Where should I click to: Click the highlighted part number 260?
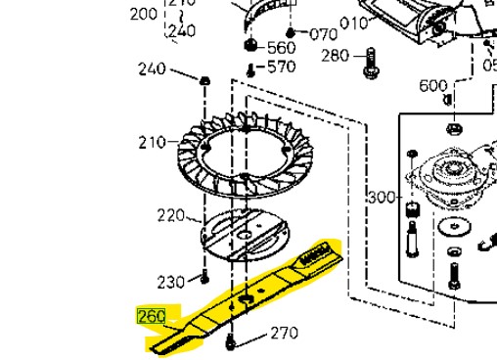pos(152,317)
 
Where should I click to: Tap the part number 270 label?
pos(284,334)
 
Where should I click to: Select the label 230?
pos(171,282)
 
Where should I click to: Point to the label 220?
pos(171,215)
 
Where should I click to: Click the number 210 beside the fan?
pos(152,143)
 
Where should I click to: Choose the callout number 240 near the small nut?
pos(152,69)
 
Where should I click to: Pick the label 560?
pos(281,48)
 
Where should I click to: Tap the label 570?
pos(282,67)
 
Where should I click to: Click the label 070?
pos(323,34)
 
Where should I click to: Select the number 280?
pos(336,56)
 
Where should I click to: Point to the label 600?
pos(433,86)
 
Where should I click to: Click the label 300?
pos(381,198)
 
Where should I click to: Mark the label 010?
pos(353,22)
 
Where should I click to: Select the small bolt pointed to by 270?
pos(231,341)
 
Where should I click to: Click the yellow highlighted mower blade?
pos(245,293)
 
